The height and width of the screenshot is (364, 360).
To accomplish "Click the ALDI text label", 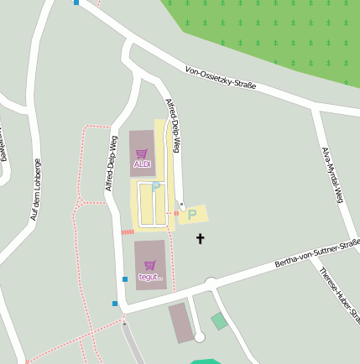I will click(142, 164).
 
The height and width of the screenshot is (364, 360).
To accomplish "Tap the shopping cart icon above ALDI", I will click(142, 153).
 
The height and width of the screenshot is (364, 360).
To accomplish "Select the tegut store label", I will click(150, 277).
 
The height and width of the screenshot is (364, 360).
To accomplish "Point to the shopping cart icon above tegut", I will click(150, 265).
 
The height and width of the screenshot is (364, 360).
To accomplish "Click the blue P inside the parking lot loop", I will click(155, 188).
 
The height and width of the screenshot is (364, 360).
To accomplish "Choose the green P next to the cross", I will click(192, 215).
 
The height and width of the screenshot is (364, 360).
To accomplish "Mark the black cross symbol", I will click(200, 239).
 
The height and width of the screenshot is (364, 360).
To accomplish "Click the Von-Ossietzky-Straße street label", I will click(221, 80).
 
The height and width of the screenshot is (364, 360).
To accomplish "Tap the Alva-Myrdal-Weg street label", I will click(333, 175).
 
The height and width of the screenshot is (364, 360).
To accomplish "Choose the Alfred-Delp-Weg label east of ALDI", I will click(173, 126).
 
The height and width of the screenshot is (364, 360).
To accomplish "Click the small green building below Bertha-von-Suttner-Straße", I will click(219, 321).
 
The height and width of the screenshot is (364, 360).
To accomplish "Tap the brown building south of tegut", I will click(181, 324).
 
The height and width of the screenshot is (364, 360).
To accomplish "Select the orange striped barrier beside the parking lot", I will click(128, 231).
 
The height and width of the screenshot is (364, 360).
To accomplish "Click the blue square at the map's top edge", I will click(76, 3).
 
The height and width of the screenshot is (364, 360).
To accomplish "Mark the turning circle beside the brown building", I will click(199, 337).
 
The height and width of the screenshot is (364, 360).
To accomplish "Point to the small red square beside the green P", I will click(176, 214).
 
